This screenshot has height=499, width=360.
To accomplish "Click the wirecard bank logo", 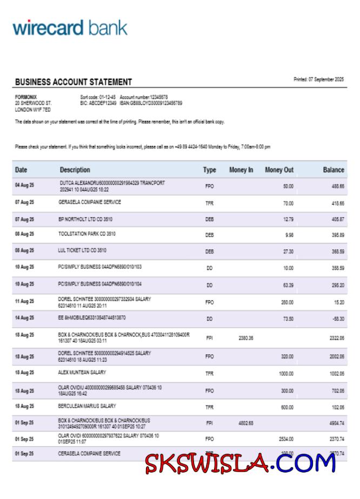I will click(x=70, y=28).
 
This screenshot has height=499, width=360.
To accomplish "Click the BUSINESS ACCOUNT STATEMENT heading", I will click(x=74, y=82).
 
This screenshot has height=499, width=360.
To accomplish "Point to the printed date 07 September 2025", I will click(x=318, y=80).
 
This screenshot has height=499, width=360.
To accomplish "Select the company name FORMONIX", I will click(x=26, y=97).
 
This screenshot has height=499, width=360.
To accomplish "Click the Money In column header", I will click(x=241, y=170).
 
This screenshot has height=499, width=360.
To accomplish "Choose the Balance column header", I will click(x=334, y=170).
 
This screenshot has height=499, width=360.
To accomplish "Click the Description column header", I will click(x=75, y=170).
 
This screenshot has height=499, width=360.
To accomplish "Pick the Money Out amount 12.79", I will click(x=288, y=219).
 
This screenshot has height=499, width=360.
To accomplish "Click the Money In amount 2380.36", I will click(x=245, y=338).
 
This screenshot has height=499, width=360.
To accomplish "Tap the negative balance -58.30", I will click(x=338, y=319).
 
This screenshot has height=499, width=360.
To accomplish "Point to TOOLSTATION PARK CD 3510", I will click(x=87, y=234).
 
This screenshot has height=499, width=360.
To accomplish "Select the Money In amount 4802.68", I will click(x=245, y=423).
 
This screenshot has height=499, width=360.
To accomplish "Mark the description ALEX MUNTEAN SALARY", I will click(x=82, y=372).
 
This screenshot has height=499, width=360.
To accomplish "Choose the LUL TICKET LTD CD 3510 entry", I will click(x=83, y=251).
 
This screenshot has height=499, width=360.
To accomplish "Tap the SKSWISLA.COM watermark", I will click(x=240, y=463).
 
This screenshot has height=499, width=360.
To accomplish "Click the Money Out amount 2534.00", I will click(x=286, y=439).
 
